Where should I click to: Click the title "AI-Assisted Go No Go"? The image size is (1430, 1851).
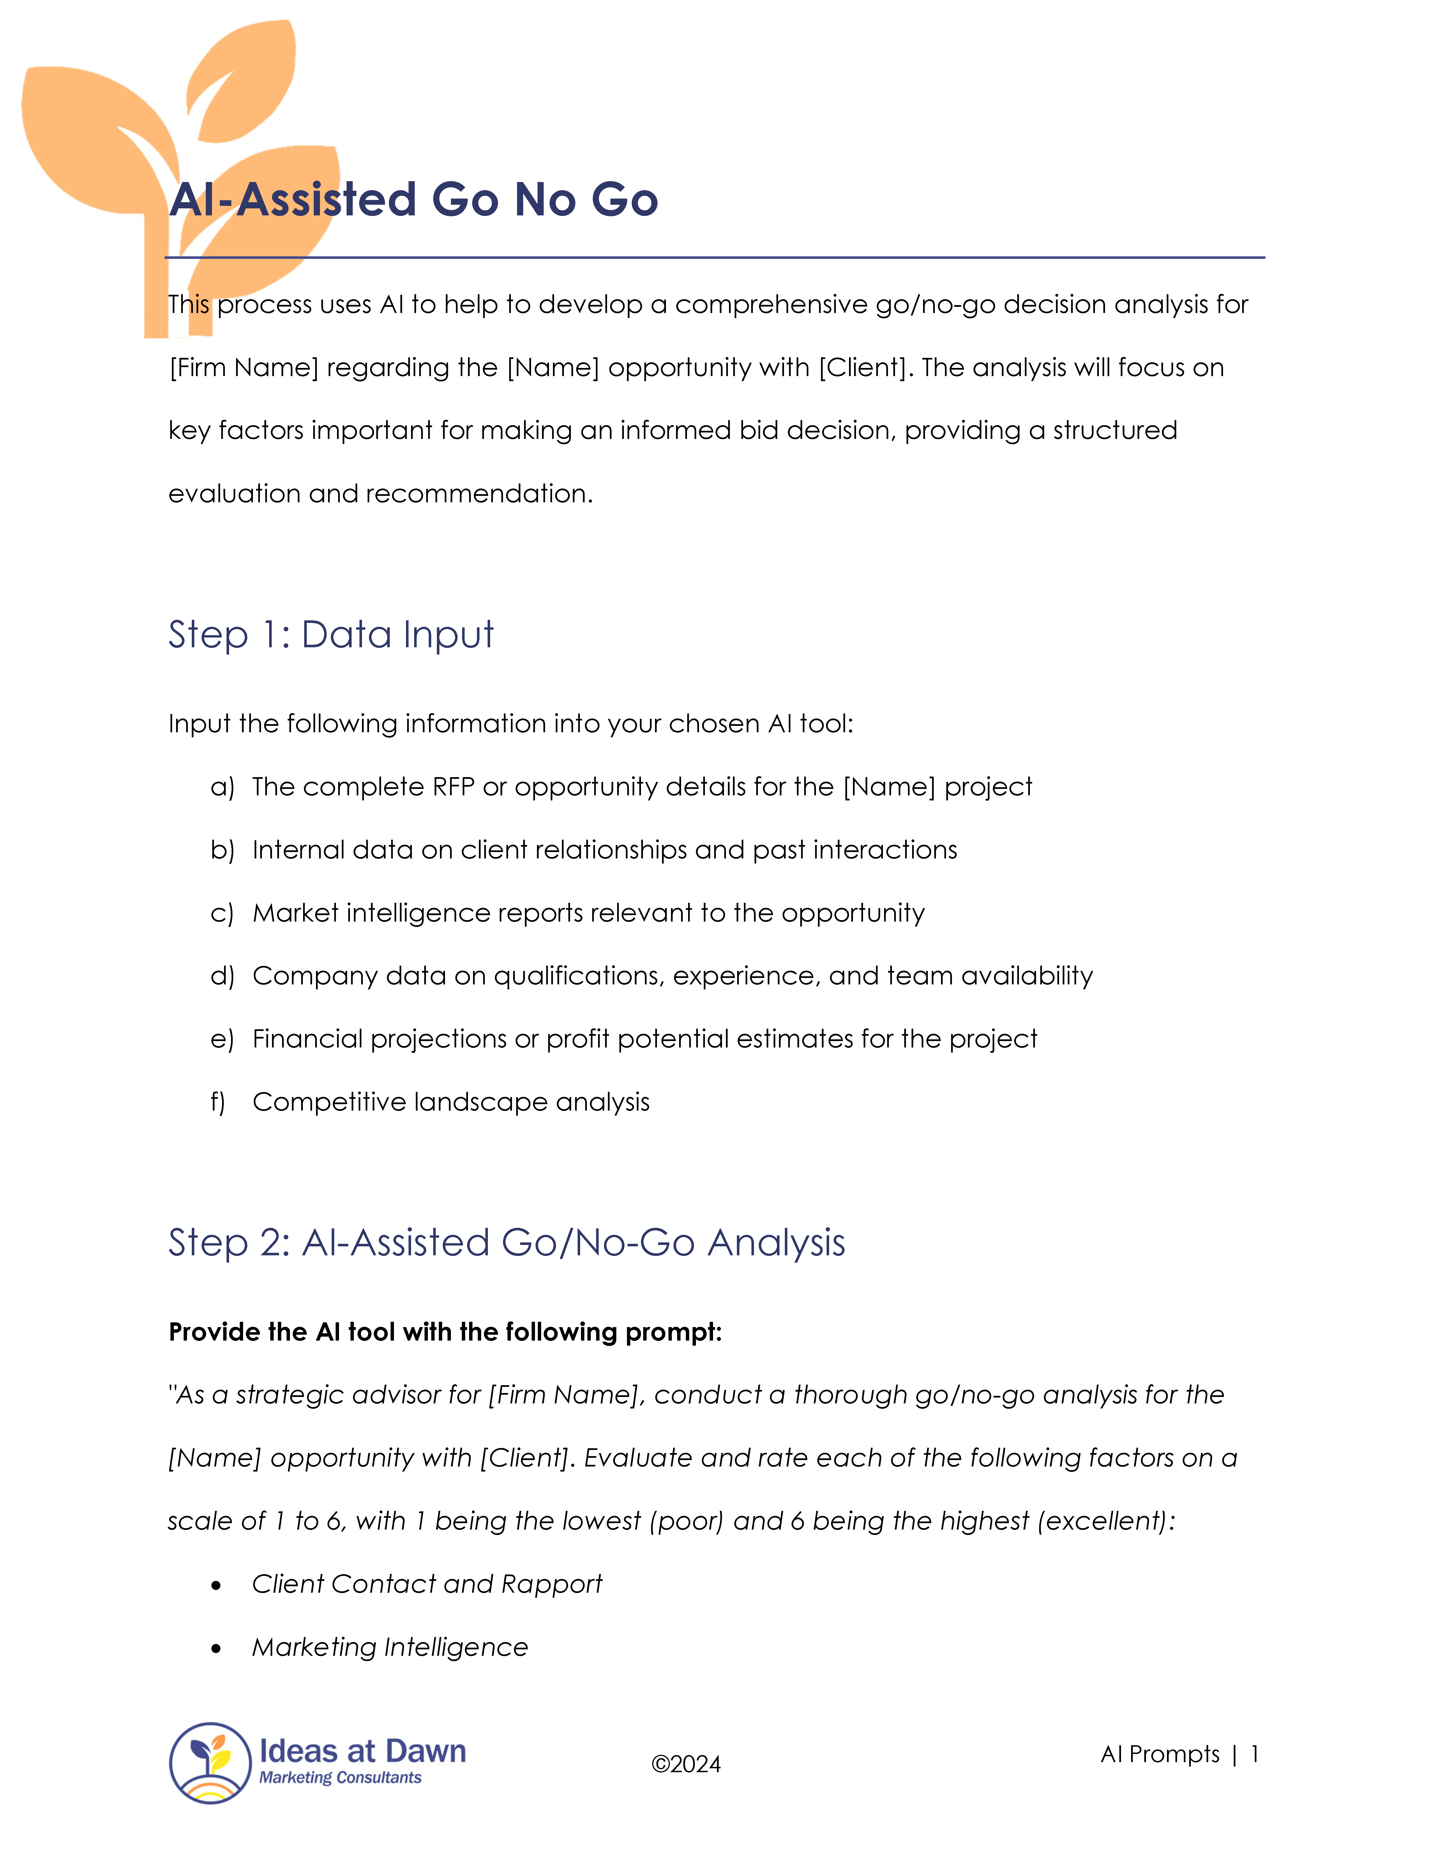[413, 200]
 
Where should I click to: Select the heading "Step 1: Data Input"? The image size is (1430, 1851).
[330, 635]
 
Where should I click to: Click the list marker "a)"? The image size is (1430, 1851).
[222, 787]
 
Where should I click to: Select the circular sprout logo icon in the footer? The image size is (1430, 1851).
[210, 1763]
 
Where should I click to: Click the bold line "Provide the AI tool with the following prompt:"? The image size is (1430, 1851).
[445, 1332]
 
